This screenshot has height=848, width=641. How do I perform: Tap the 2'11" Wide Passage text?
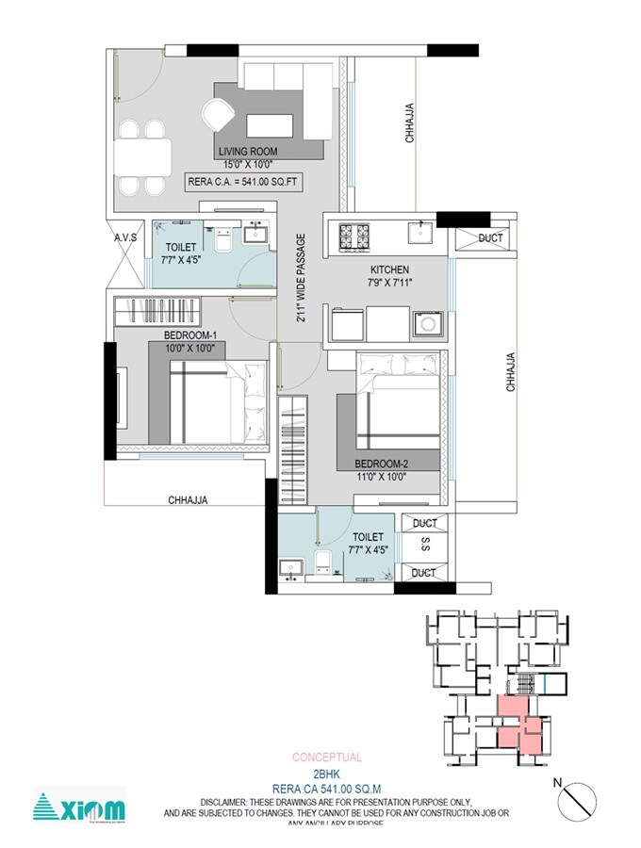tap(301, 278)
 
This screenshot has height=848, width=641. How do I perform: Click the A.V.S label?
tap(126, 238)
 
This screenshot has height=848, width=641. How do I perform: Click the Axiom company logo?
tap(79, 807)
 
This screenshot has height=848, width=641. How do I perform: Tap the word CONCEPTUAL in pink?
tap(326, 757)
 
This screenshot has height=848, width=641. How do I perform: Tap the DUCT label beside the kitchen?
tap(490, 238)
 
